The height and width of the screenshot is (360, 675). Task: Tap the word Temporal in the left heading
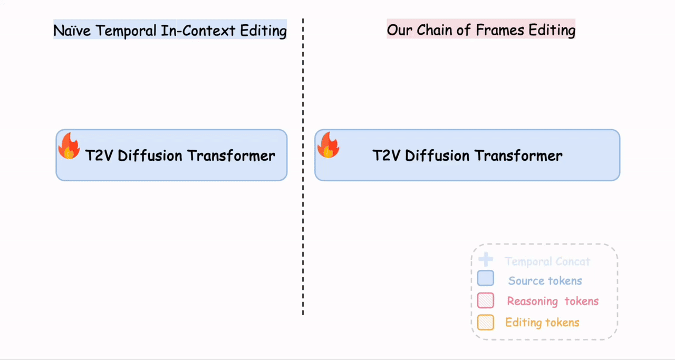[x=127, y=31]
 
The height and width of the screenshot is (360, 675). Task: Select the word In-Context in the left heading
[x=198, y=31]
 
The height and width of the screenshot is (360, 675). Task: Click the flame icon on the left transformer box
[x=69, y=146]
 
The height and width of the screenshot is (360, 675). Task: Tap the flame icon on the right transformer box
[x=327, y=145]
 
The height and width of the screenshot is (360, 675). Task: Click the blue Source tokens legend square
[x=485, y=278]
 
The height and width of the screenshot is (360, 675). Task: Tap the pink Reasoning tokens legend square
[x=485, y=300]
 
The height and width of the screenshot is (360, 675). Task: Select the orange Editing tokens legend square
[x=485, y=322]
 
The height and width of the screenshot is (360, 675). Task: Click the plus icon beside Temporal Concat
[x=485, y=259]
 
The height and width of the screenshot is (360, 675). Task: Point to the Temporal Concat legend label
[x=547, y=261]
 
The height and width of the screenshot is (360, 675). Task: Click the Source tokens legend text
[x=545, y=281]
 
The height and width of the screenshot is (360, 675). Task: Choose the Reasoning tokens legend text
[x=553, y=301]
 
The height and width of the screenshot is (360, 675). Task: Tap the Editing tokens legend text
[x=542, y=323]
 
